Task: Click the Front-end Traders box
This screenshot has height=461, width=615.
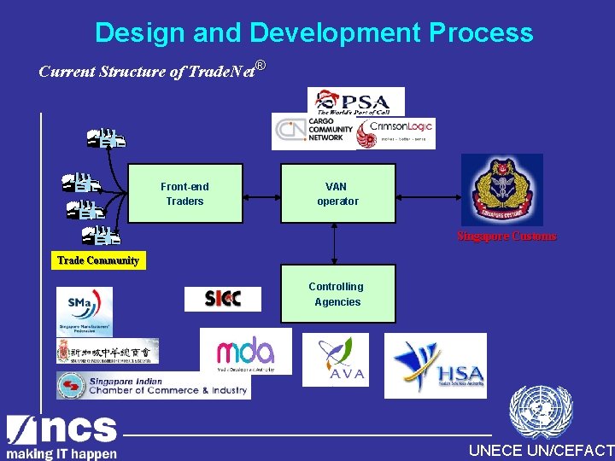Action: [185, 194]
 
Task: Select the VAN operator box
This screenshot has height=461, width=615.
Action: [338, 194]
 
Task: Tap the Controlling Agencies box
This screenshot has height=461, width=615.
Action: [338, 294]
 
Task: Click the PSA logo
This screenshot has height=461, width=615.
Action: [350, 102]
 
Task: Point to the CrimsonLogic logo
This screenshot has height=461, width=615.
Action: [395, 132]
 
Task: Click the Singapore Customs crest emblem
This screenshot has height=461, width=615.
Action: [502, 190]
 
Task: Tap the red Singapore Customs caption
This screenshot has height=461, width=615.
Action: [507, 236]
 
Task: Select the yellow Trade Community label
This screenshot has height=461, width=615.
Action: [98, 260]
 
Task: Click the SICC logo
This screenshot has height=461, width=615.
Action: [223, 299]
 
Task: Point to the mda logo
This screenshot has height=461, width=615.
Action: [245, 351]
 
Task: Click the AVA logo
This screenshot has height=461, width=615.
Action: [336, 359]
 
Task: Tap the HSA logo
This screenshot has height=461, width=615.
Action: [436, 365]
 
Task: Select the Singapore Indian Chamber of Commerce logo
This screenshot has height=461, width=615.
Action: [154, 386]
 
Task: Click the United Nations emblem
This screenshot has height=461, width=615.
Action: [540, 413]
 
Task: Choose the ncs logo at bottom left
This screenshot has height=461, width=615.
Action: [61, 436]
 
